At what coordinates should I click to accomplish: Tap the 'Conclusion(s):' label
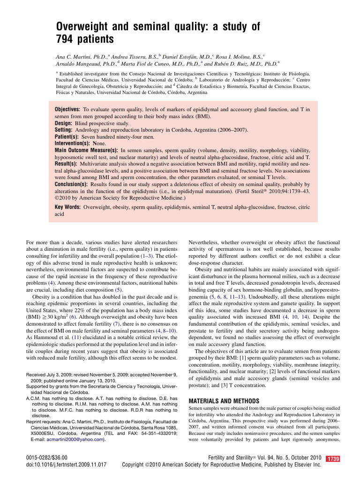pos(71,184)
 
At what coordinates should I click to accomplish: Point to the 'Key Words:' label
pos(67,206)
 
